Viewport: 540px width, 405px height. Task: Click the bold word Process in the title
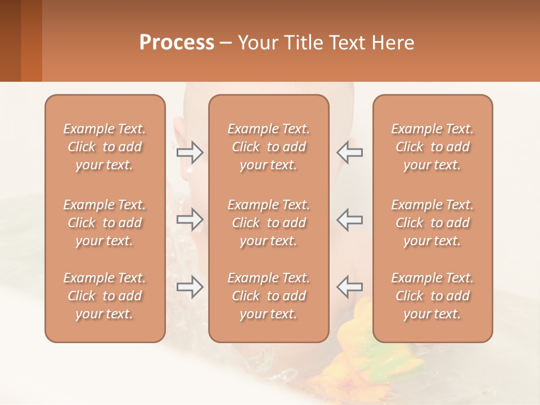[177, 43]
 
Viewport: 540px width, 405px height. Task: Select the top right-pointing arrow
[190, 152]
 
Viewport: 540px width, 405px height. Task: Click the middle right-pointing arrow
[190, 220]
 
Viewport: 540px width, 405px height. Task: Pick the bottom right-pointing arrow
[190, 287]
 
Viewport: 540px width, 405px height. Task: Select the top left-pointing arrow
[349, 152]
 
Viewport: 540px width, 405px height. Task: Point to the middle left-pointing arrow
[349, 220]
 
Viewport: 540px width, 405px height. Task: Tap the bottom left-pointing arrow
[349, 287]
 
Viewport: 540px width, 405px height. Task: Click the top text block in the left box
[105, 147]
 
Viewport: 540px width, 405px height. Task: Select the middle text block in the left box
[105, 223]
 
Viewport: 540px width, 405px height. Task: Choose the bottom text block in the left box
[105, 296]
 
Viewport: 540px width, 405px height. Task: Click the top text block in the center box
[269, 147]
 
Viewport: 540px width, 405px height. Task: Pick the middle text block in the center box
[269, 223]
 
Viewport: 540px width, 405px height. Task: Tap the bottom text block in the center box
[269, 296]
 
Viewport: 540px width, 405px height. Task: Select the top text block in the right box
[433, 147]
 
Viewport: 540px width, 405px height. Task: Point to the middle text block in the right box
[433, 223]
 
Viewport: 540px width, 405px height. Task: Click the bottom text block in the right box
[433, 296]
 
